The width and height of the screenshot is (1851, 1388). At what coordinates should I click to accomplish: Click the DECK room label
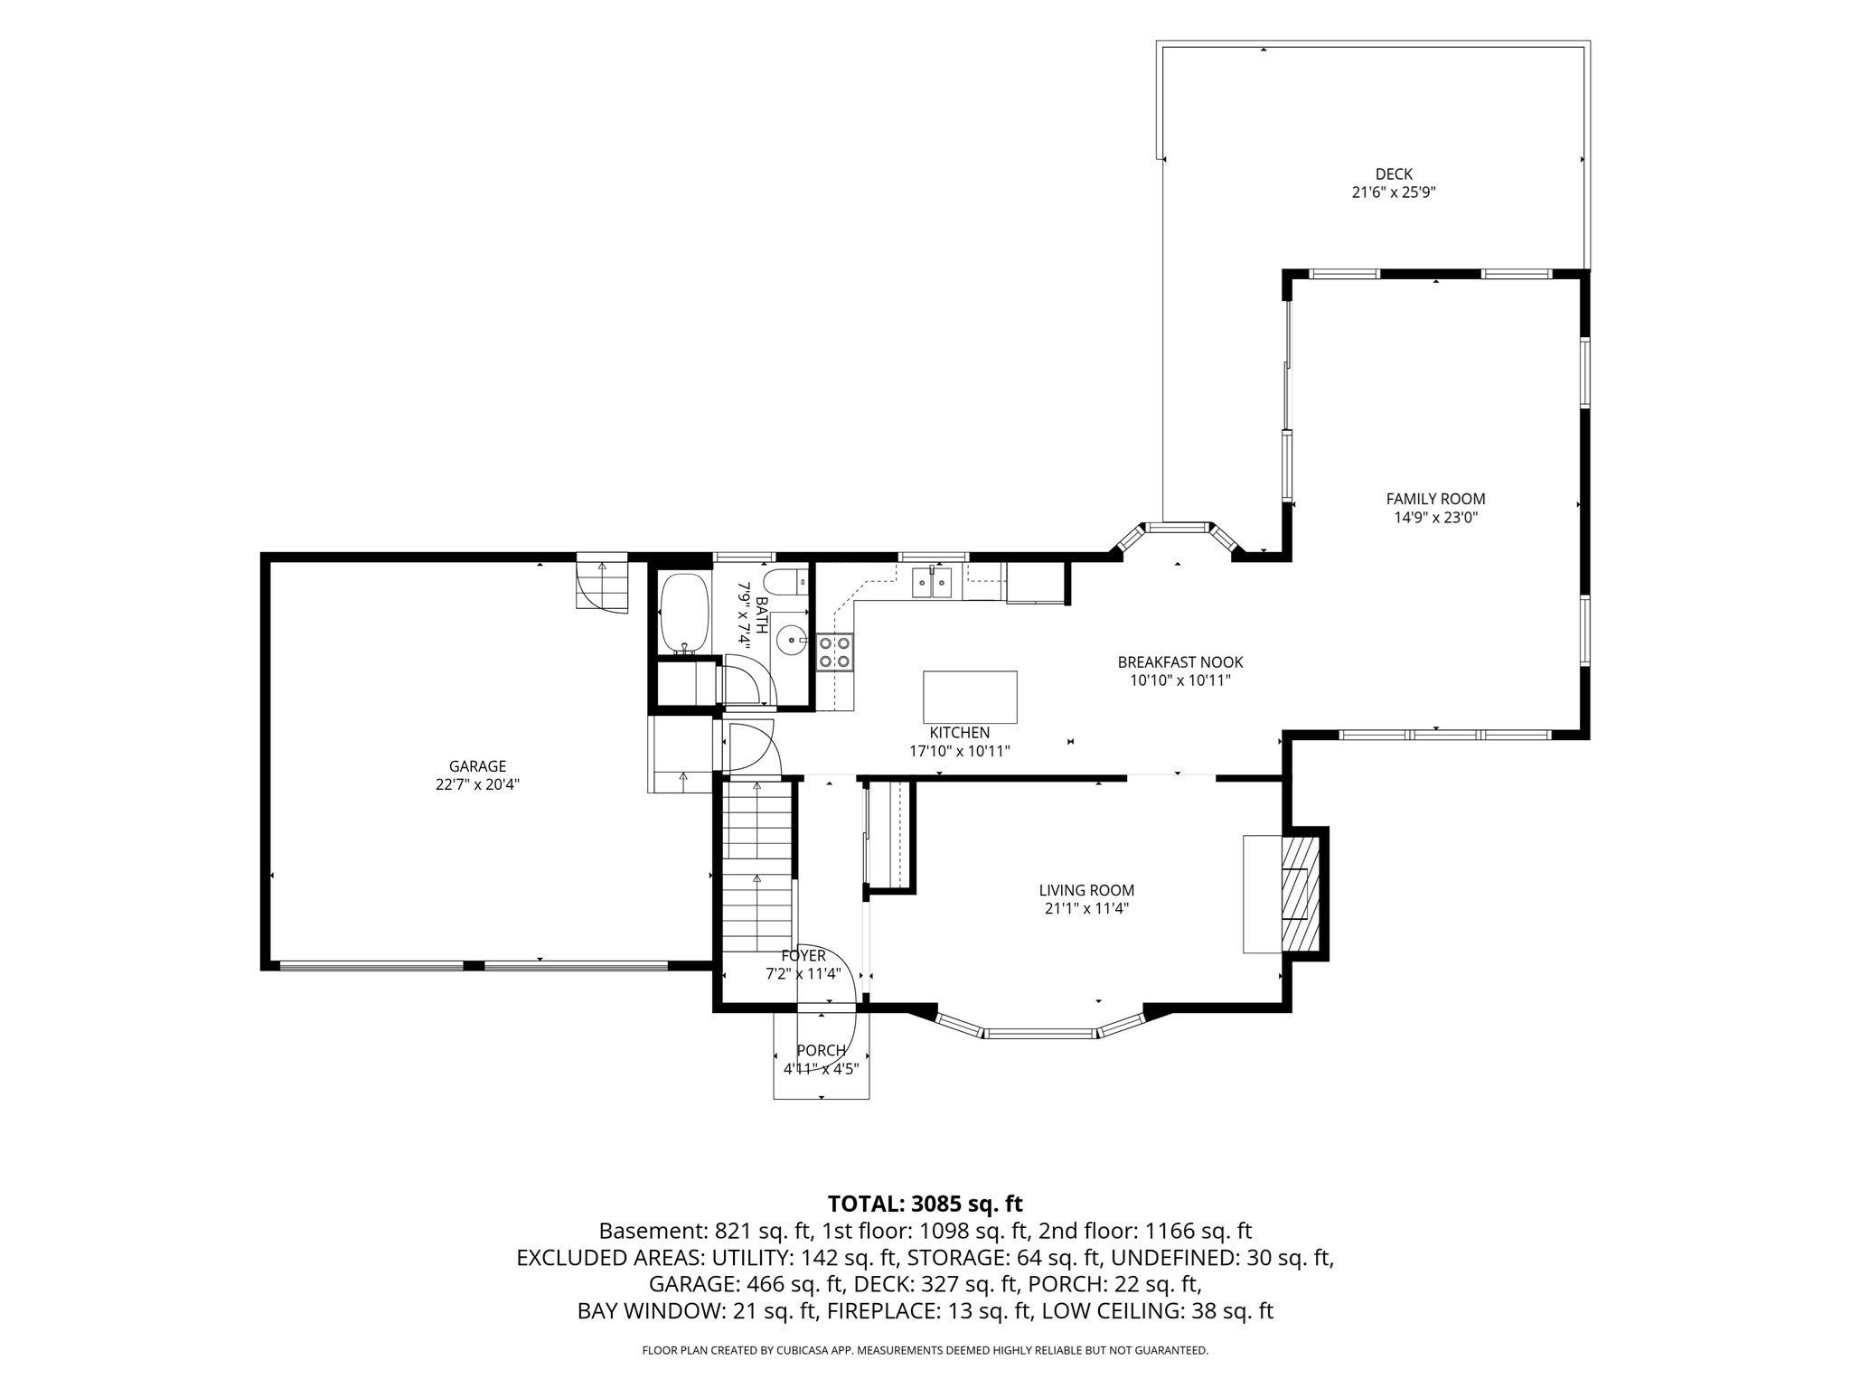click(1394, 173)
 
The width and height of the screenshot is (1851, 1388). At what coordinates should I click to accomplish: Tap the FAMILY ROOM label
click(1435, 499)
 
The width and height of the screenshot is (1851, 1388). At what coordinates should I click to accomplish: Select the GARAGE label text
click(477, 766)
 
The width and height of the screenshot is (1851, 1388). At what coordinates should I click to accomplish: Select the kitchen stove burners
click(834, 652)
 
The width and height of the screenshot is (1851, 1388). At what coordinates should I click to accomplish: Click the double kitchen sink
click(931, 583)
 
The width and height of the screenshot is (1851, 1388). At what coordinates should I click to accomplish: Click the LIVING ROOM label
click(1086, 890)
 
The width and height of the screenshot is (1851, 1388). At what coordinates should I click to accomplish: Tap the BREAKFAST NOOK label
click(1180, 662)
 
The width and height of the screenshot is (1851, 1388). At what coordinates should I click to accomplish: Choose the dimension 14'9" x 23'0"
click(1436, 518)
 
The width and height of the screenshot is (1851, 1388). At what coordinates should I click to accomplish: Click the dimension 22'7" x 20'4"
click(477, 784)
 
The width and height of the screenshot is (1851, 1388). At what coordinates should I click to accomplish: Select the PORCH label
click(821, 1050)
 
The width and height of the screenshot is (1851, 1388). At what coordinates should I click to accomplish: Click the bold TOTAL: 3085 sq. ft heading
click(925, 1204)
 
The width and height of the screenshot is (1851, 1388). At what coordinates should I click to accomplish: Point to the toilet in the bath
click(783, 581)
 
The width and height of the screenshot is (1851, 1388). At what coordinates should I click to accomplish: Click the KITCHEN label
click(960, 733)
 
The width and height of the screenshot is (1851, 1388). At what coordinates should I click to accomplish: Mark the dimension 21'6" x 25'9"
click(1394, 192)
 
